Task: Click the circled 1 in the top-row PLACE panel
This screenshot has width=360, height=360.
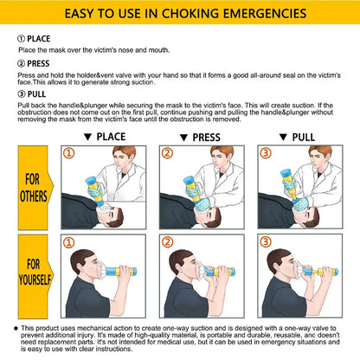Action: click(x=69, y=154)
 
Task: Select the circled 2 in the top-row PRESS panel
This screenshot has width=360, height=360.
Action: click(x=166, y=154)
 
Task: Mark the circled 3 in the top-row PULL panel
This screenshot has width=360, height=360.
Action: click(x=263, y=154)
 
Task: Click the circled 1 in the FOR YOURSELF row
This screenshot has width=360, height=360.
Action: click(x=69, y=242)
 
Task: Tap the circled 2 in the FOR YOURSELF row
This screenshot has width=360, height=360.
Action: click(x=166, y=242)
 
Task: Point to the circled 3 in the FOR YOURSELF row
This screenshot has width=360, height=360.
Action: click(x=263, y=242)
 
